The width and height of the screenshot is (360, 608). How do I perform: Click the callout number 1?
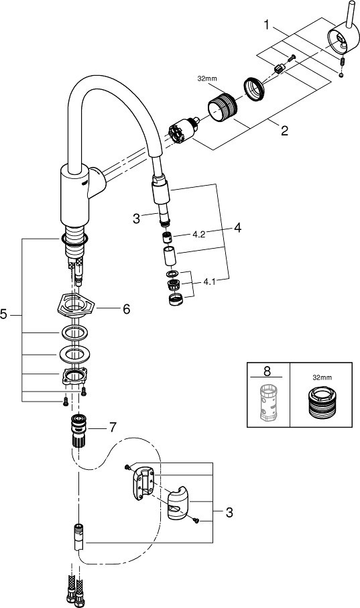(x=267, y=25)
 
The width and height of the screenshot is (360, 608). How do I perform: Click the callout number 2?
(x=285, y=130)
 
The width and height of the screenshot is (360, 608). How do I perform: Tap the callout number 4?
(x=237, y=228)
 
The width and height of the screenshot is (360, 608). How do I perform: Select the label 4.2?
(x=198, y=235)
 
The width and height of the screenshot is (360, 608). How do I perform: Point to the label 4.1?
(x=209, y=282)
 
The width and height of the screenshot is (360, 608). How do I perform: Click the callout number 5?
(x=3, y=314)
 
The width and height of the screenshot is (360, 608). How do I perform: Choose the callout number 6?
(x=127, y=309)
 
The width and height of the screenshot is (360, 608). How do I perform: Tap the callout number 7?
(x=112, y=427)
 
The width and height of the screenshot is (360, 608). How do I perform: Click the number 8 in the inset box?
(x=267, y=371)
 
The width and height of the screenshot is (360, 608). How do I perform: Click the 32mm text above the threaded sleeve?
(x=207, y=78)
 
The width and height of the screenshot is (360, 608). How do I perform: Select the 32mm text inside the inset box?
(x=322, y=377)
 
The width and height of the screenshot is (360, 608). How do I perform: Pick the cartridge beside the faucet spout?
(x=183, y=131)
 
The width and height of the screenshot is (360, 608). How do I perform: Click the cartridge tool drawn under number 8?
(x=268, y=402)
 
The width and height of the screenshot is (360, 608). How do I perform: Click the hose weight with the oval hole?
(x=178, y=503)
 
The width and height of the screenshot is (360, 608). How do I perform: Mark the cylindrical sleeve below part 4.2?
(x=170, y=255)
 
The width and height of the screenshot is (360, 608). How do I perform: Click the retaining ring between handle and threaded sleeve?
(x=254, y=88)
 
